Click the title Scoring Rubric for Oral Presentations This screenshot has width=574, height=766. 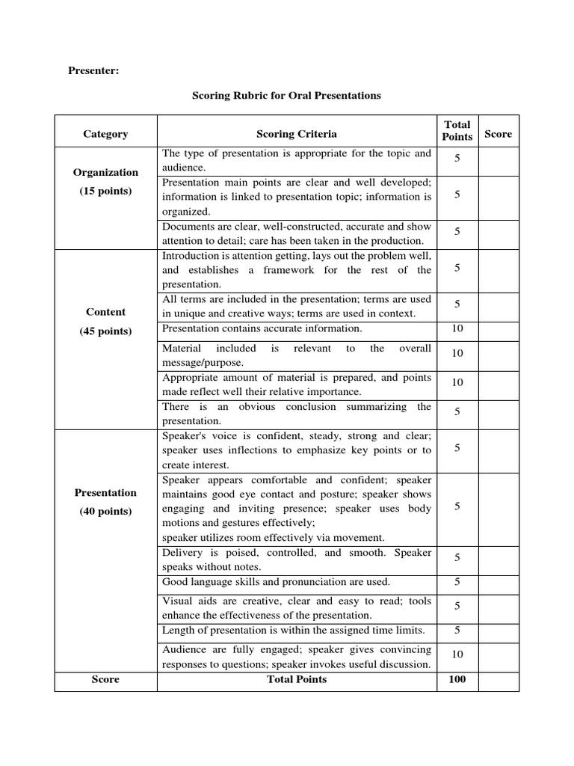pyautogui.click(x=286, y=96)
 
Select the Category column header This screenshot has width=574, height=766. pyautogui.click(x=105, y=134)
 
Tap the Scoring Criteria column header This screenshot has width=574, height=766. pyautogui.click(x=296, y=134)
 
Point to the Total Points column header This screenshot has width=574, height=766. pyautogui.click(x=457, y=131)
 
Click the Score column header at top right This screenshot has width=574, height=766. pyautogui.click(x=498, y=134)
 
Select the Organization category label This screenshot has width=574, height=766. pyautogui.click(x=105, y=172)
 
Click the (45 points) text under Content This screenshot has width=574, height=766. pyautogui.click(x=105, y=331)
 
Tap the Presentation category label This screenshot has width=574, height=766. pyautogui.click(x=105, y=493)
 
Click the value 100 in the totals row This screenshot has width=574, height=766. pyautogui.click(x=457, y=680)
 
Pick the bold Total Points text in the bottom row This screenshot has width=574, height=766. pyautogui.click(x=296, y=680)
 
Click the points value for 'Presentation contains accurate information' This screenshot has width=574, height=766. pyautogui.click(x=457, y=328)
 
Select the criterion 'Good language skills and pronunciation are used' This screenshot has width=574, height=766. pyautogui.click(x=276, y=582)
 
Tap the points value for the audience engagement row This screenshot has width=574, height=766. pyautogui.click(x=457, y=655)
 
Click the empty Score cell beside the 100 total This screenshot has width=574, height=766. pyautogui.click(x=498, y=680)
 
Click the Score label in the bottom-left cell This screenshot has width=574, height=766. pyautogui.click(x=105, y=680)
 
